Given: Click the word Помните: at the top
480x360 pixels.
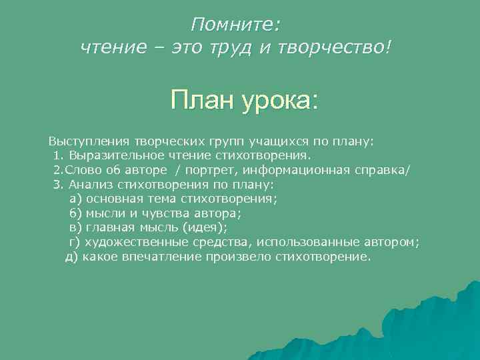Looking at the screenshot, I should click(236, 25).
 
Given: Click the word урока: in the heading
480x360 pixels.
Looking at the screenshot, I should click(280, 101).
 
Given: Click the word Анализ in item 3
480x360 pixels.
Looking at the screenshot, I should click(91, 185).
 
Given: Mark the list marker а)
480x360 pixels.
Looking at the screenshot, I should click(75, 199).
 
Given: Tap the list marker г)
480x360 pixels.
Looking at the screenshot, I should click(75, 242).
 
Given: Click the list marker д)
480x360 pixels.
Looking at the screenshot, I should click(72, 257).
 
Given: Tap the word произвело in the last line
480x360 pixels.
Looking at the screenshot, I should click(239, 257).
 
